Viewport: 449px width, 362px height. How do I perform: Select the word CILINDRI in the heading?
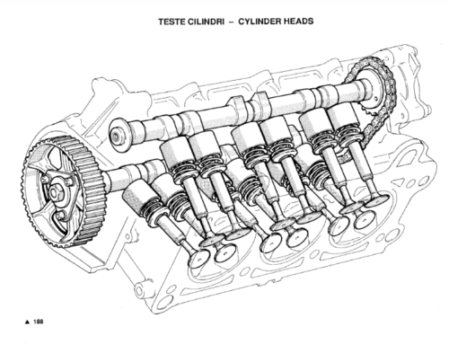click(x=206, y=22)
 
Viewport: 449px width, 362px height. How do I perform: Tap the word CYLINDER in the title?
click(x=259, y=22)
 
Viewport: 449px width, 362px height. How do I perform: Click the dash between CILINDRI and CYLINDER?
click(x=231, y=22)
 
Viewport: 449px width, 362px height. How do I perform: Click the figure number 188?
click(x=39, y=322)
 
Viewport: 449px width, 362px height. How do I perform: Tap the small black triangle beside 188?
click(x=27, y=322)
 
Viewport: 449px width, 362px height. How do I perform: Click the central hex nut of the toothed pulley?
click(x=54, y=192)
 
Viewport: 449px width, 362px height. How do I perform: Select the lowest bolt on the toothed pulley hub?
click(x=61, y=216)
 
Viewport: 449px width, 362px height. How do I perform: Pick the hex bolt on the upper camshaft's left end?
click(x=116, y=137)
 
